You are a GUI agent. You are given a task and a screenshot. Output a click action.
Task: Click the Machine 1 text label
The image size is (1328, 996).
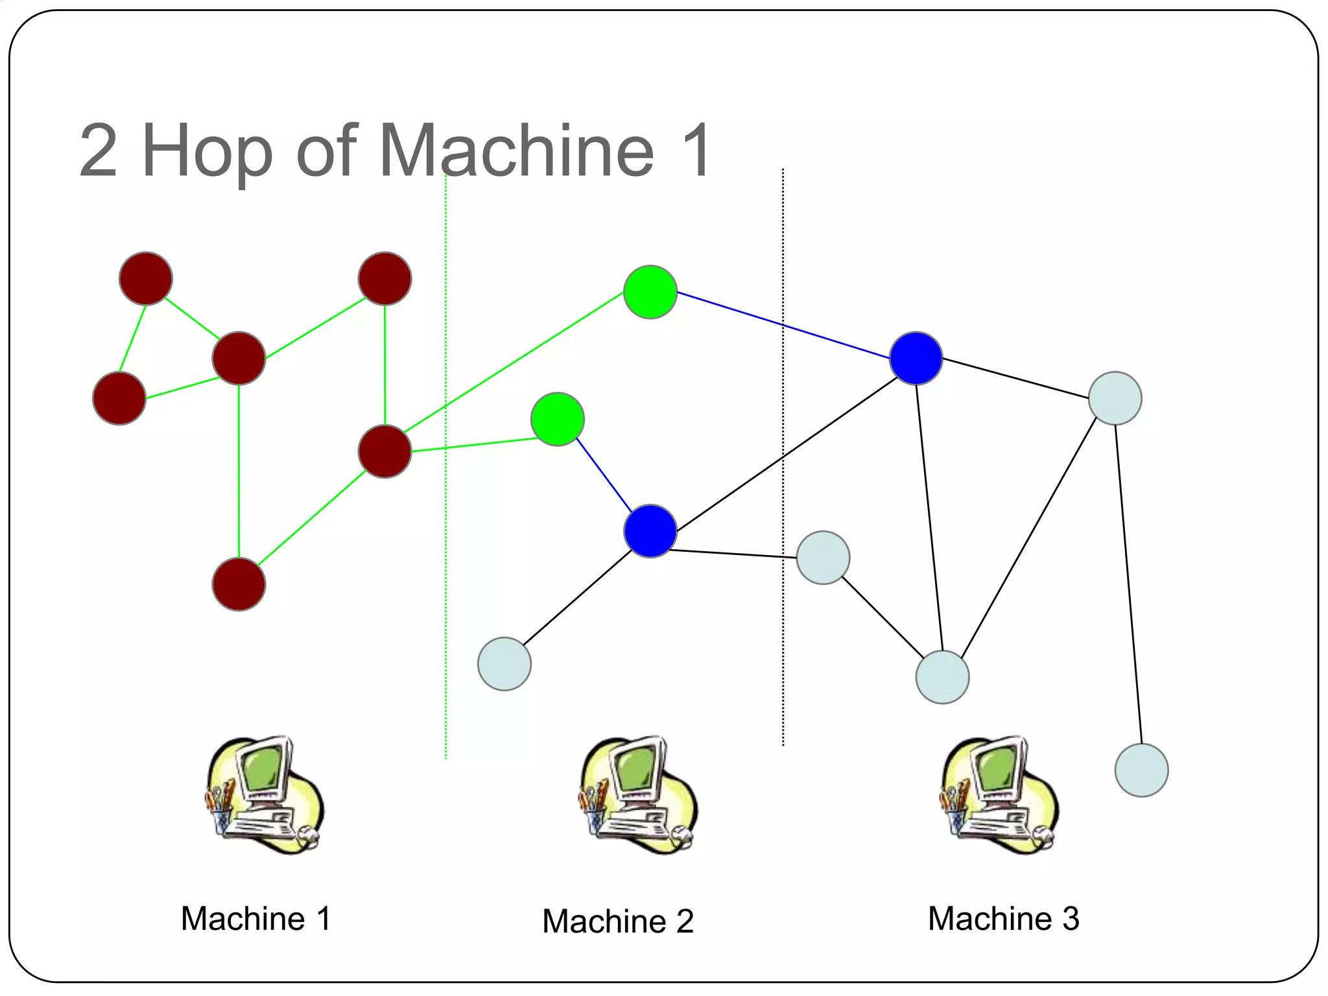tap(255, 919)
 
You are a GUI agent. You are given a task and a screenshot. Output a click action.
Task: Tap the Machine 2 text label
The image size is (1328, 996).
tap(617, 921)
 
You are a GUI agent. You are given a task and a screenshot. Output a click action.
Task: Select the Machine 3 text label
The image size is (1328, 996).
tap(1003, 919)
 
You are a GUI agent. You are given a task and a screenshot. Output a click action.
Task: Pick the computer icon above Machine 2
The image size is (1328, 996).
tap(638, 795)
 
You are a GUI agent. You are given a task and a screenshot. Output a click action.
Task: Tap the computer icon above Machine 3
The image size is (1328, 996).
tap(999, 795)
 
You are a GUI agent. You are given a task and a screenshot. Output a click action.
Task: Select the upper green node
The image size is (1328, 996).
tap(650, 292)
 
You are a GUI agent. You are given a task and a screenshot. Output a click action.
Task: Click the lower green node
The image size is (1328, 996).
tap(557, 419)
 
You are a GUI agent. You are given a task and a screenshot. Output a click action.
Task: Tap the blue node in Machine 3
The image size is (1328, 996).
tap(916, 358)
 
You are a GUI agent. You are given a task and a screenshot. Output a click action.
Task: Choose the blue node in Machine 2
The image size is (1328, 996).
tap(650, 531)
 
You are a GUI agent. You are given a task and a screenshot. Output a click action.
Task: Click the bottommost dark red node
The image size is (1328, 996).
tap(239, 584)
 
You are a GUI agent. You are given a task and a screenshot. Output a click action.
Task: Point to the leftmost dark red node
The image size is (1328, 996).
tap(119, 398)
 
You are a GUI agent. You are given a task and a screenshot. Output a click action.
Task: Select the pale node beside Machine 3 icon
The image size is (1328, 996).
tap(1141, 770)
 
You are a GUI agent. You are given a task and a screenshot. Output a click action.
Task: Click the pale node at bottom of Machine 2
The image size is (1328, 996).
tap(504, 663)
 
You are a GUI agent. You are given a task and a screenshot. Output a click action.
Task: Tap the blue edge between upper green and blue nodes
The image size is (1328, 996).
tap(783, 324)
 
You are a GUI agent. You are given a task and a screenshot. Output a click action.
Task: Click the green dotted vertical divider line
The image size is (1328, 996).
tap(445, 584)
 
